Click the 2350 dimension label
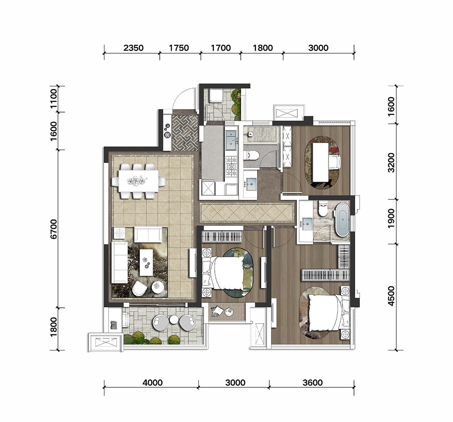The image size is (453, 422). [x=133, y=48]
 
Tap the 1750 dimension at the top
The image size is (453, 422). [x=179, y=48]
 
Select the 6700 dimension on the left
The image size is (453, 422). [x=54, y=229]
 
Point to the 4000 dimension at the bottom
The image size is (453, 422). [x=153, y=383]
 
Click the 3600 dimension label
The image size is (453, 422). [x=312, y=383]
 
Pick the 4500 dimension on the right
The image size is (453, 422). [x=391, y=296]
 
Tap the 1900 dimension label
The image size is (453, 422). [x=391, y=218]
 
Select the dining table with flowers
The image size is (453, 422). [x=138, y=181]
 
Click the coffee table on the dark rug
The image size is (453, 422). [x=147, y=262]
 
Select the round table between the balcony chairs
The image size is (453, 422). [x=174, y=319]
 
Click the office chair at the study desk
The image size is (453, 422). [x=335, y=161]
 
